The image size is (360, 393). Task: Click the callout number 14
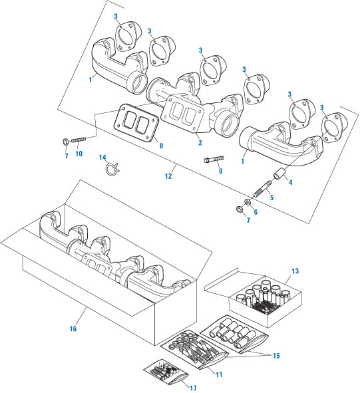pos(102,158)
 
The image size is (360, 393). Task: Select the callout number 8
pos(161,146)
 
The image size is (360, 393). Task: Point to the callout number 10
pos(79,154)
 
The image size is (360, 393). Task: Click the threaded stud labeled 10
pos(79,140)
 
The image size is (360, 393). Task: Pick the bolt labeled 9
pos(214,159)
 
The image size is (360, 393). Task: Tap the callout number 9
pos(220,171)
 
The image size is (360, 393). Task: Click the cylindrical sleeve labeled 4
pos(279,174)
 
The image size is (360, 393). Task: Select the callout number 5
pos(272,197)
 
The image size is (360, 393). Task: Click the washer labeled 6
pos(248,201)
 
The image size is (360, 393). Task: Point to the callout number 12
pos(168,176)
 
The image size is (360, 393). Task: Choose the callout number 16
pos(73,328)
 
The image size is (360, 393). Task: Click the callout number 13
pos(295,271)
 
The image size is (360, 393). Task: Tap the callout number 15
pos(276,356)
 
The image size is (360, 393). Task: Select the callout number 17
pos(193,388)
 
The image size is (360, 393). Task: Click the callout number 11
pos(219,374)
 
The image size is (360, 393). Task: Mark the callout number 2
pos(200,142)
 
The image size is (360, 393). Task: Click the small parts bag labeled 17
pos(166,372)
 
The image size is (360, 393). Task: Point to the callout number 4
pos(291,182)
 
